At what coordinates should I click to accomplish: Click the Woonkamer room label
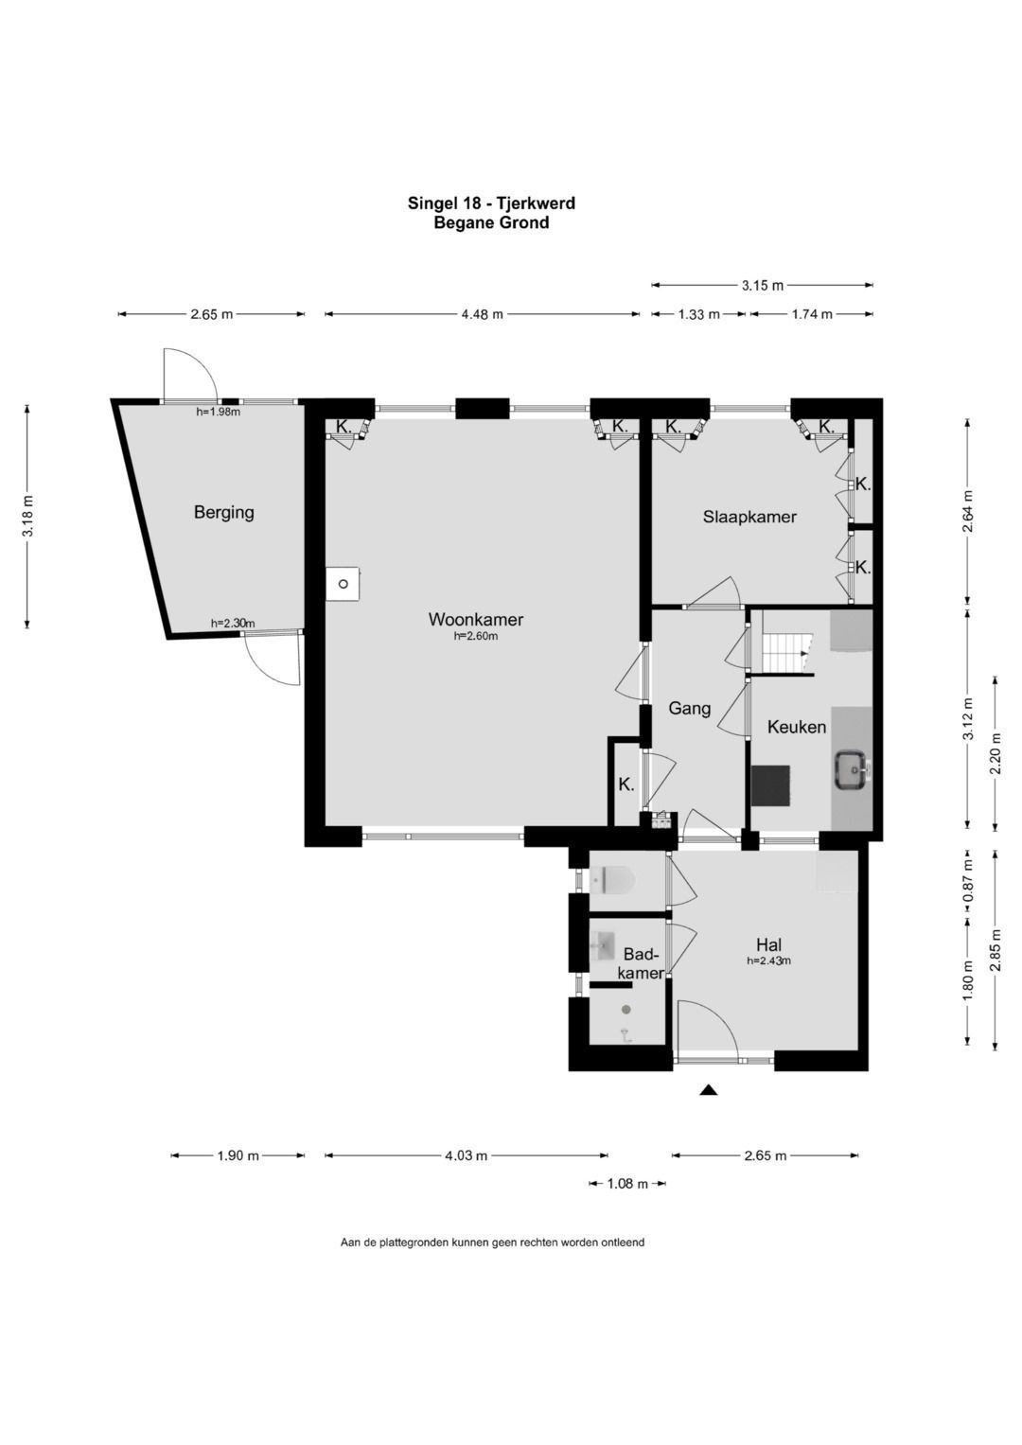[475, 619]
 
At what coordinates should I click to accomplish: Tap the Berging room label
[224, 513]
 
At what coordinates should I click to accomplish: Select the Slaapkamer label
[749, 517]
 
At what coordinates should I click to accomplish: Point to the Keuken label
[797, 727]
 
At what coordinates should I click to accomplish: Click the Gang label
[690, 709]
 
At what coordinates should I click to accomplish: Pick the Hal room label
[769, 945]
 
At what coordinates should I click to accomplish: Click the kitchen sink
[853, 769]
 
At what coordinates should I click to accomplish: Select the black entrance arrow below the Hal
[709, 1090]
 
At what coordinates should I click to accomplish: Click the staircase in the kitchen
[787, 652]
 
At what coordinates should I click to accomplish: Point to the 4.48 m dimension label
[483, 315]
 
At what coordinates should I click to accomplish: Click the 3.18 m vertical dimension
[27, 516]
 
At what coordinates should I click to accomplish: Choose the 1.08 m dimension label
[627, 1184]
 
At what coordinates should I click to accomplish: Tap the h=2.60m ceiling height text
[475, 636]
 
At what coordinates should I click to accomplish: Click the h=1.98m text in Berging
[218, 412]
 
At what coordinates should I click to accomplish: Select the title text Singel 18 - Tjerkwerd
[492, 203]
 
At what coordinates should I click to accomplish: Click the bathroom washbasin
[603, 945]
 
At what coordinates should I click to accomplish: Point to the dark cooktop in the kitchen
[771, 785]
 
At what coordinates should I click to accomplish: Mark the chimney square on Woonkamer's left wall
[343, 584]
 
